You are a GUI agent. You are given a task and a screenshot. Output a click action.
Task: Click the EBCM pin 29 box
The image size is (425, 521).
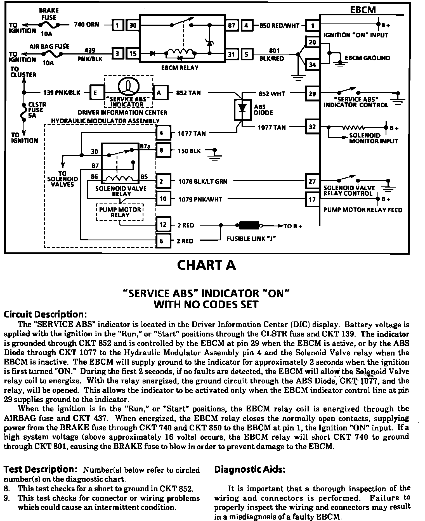312,93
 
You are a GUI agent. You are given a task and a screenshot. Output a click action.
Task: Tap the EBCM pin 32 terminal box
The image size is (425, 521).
312,127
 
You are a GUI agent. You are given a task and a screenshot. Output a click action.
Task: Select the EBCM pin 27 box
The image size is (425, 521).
312,181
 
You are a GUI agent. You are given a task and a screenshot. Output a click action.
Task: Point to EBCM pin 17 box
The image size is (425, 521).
312,199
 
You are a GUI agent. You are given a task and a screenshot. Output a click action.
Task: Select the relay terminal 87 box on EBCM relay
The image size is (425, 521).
232,25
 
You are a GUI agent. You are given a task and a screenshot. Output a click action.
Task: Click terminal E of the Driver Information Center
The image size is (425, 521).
95,93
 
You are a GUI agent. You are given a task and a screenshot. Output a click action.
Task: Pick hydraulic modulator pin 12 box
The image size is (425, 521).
163,224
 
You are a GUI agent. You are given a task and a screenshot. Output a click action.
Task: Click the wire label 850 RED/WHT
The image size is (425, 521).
279,25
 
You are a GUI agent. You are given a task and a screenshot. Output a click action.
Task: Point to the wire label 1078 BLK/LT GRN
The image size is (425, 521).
203,181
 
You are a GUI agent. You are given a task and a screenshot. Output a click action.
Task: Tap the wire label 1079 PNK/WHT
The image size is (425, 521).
200,199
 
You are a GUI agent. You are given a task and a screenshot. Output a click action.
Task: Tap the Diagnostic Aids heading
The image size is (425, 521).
249,469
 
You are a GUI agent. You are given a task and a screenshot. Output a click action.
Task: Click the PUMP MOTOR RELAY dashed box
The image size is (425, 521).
120,212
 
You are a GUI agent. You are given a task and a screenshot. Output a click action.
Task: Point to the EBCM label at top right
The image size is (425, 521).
363,10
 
